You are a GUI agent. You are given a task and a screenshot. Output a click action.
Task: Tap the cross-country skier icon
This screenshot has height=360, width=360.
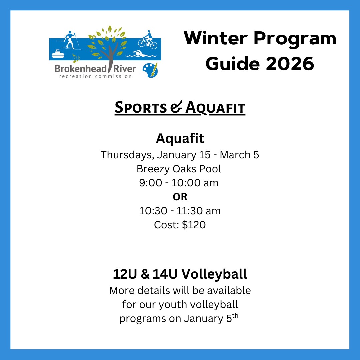click(69, 40)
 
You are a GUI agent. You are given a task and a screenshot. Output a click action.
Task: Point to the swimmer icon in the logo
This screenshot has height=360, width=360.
click(141, 54)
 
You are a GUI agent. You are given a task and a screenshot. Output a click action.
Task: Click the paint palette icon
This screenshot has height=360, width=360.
click(150, 70)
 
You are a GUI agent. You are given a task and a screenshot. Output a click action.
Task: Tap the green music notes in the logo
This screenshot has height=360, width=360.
click(76, 59)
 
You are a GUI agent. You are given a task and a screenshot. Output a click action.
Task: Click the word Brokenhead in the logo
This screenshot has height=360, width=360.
click(81, 69)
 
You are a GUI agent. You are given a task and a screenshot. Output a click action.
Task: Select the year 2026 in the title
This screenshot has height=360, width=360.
click(290, 64)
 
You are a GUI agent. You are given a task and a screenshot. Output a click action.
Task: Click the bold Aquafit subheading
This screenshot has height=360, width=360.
click(180, 138)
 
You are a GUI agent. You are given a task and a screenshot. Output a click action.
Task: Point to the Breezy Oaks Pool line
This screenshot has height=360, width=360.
click(179, 169)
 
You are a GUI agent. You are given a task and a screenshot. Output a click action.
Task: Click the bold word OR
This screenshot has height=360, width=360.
click(180, 197)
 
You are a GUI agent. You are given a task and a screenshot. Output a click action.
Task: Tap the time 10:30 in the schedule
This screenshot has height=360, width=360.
click(153, 211)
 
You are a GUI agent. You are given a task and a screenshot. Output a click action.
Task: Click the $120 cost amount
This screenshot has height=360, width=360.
click(194, 225)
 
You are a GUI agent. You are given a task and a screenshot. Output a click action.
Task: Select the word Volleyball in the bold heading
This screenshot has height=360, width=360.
click(214, 274)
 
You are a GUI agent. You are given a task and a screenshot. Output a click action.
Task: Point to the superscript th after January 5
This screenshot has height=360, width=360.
click(235, 316)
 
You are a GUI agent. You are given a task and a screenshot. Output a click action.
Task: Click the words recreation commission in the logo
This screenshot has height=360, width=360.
click(96, 76)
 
